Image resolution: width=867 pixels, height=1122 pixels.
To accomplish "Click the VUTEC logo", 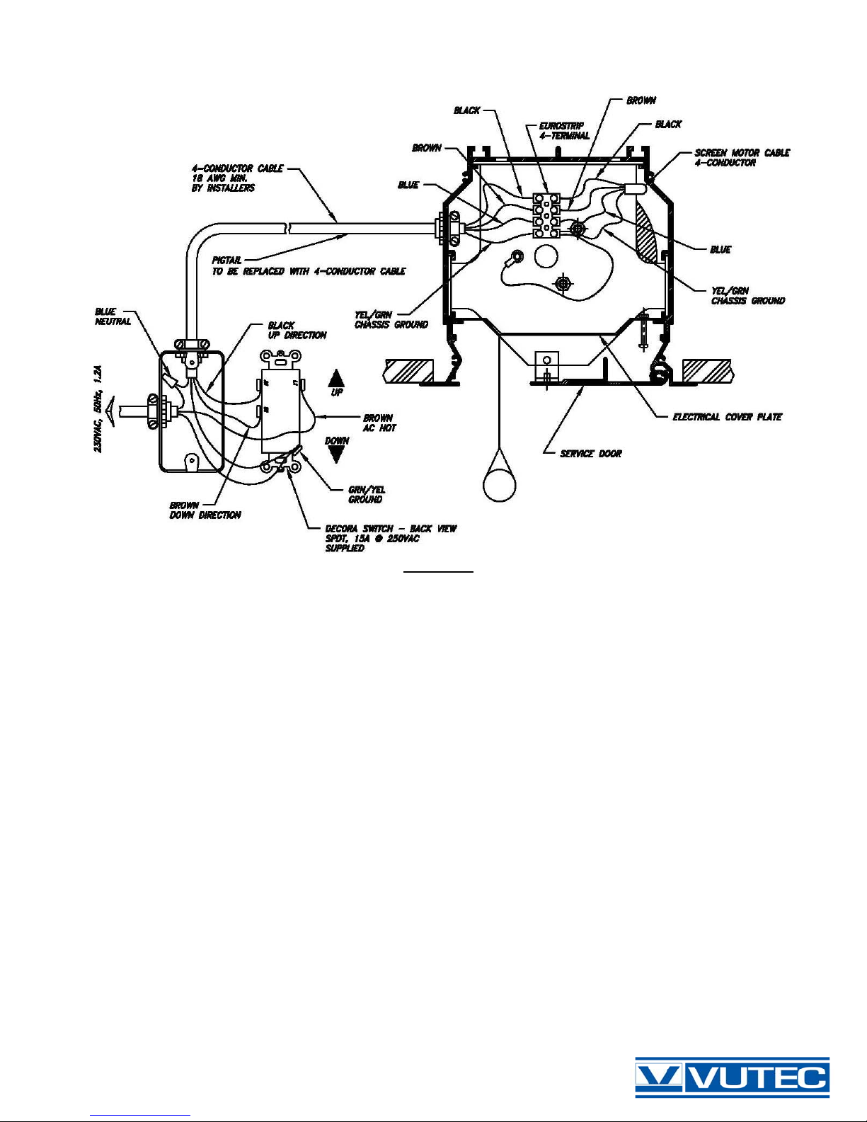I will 732,1077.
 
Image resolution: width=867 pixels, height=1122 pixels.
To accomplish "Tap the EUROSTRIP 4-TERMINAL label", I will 564,131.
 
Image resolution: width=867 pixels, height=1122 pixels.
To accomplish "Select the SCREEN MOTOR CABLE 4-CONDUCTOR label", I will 742,157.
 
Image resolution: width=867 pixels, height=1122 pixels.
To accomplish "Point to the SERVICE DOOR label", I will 590,454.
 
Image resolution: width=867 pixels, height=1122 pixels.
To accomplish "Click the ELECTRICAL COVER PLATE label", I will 727,417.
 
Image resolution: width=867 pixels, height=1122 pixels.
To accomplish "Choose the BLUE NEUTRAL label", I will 113,316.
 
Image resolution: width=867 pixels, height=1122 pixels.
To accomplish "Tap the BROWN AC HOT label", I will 379,423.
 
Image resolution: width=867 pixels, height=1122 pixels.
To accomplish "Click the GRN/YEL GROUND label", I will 367,494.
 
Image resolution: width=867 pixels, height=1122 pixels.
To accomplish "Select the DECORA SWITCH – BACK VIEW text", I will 391,529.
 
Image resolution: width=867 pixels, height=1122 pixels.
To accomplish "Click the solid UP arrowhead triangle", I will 337,377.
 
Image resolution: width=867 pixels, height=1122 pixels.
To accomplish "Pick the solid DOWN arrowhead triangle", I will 337,454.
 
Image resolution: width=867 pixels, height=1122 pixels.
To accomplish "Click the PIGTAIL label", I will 226,261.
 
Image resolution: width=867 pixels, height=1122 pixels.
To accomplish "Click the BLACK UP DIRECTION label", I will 297,331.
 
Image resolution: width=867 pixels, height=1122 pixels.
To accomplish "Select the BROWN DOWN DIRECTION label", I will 205,510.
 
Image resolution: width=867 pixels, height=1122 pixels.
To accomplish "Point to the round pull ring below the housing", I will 500,483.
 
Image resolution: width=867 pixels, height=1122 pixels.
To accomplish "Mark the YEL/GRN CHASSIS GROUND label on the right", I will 747,296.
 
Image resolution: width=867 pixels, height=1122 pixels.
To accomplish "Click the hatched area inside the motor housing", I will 647,234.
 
